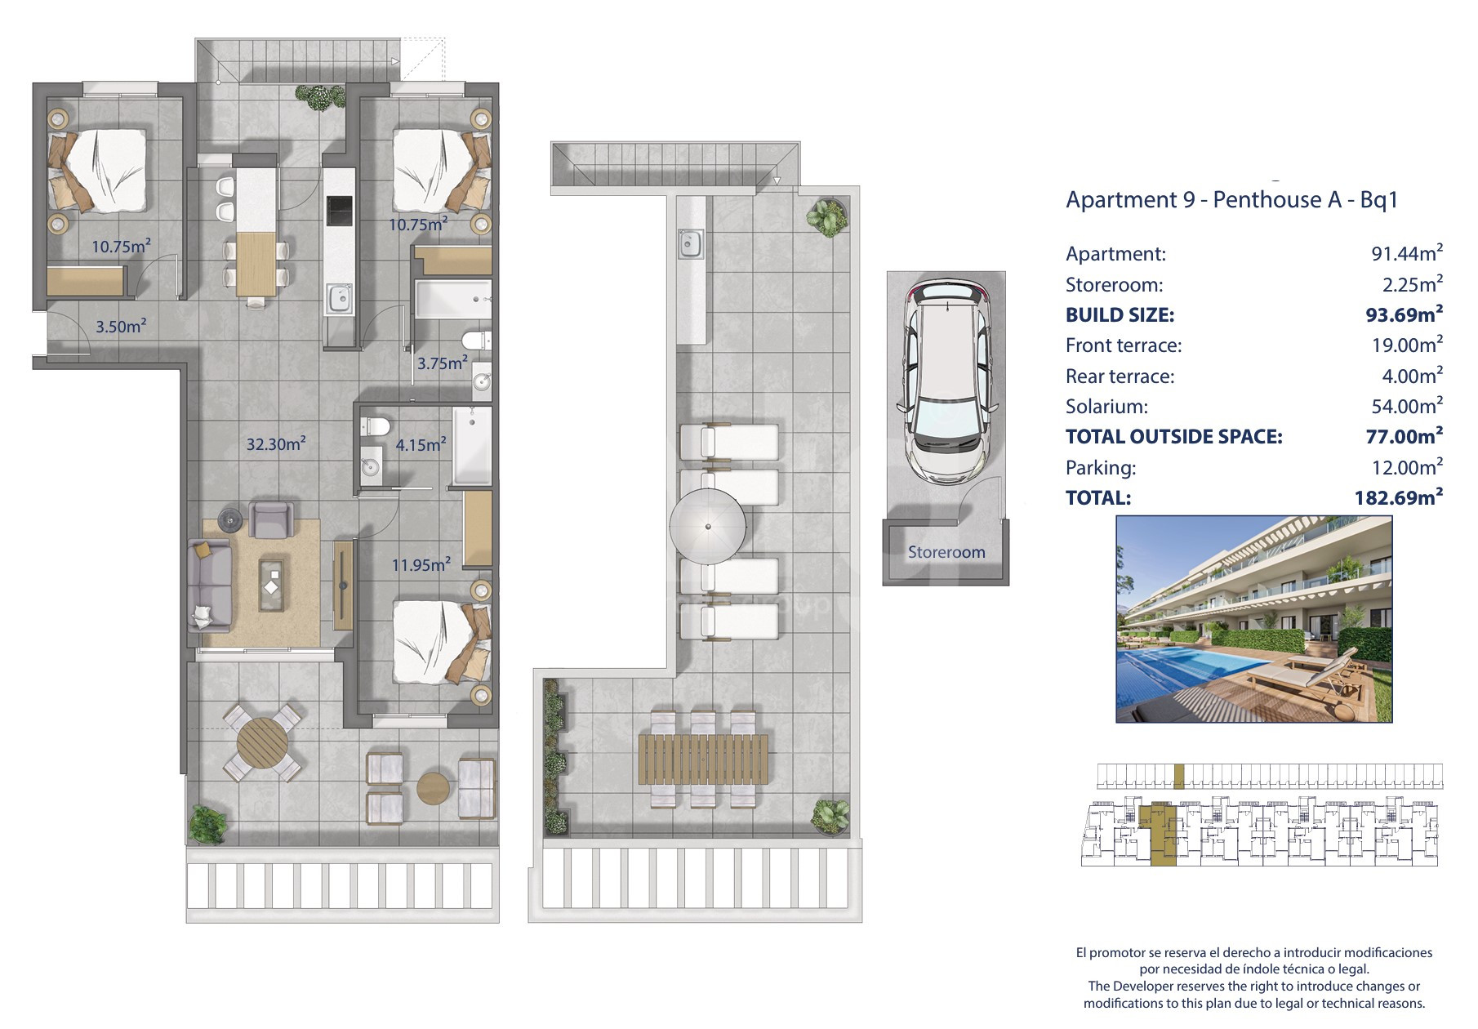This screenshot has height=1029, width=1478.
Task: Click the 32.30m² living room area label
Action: tap(276, 443)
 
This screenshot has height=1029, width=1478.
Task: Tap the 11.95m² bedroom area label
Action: tap(421, 563)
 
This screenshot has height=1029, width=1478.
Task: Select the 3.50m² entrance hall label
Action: tap(121, 326)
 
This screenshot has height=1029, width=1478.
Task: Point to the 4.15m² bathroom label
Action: tap(421, 444)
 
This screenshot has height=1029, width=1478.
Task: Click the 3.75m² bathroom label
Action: tap(443, 363)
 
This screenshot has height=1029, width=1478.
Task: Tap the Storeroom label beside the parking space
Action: tap(946, 552)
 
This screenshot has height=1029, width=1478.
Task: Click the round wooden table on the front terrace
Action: tap(262, 742)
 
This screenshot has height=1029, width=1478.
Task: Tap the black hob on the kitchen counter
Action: tap(338, 211)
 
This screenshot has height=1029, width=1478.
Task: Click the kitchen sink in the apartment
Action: tap(339, 298)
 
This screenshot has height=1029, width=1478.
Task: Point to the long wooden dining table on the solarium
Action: tap(703, 759)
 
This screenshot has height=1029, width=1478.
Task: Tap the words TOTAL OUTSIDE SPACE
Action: tap(1174, 436)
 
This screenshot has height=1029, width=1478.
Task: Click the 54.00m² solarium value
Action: tap(1407, 405)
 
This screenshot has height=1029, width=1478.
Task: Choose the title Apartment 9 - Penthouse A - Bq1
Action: tap(1232, 199)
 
